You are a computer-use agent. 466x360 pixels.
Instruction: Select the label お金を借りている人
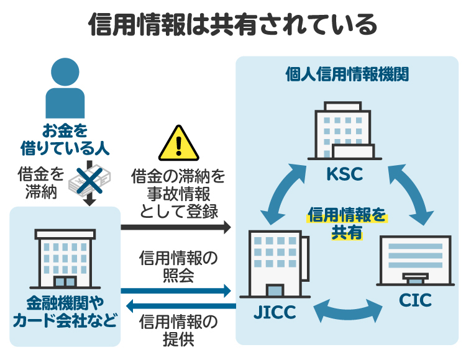point(65,140)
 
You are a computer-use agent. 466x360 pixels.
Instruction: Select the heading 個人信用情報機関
point(347,74)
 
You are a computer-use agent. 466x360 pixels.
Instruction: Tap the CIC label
point(415,302)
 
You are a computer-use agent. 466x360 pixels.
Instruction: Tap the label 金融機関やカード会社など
point(65,312)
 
